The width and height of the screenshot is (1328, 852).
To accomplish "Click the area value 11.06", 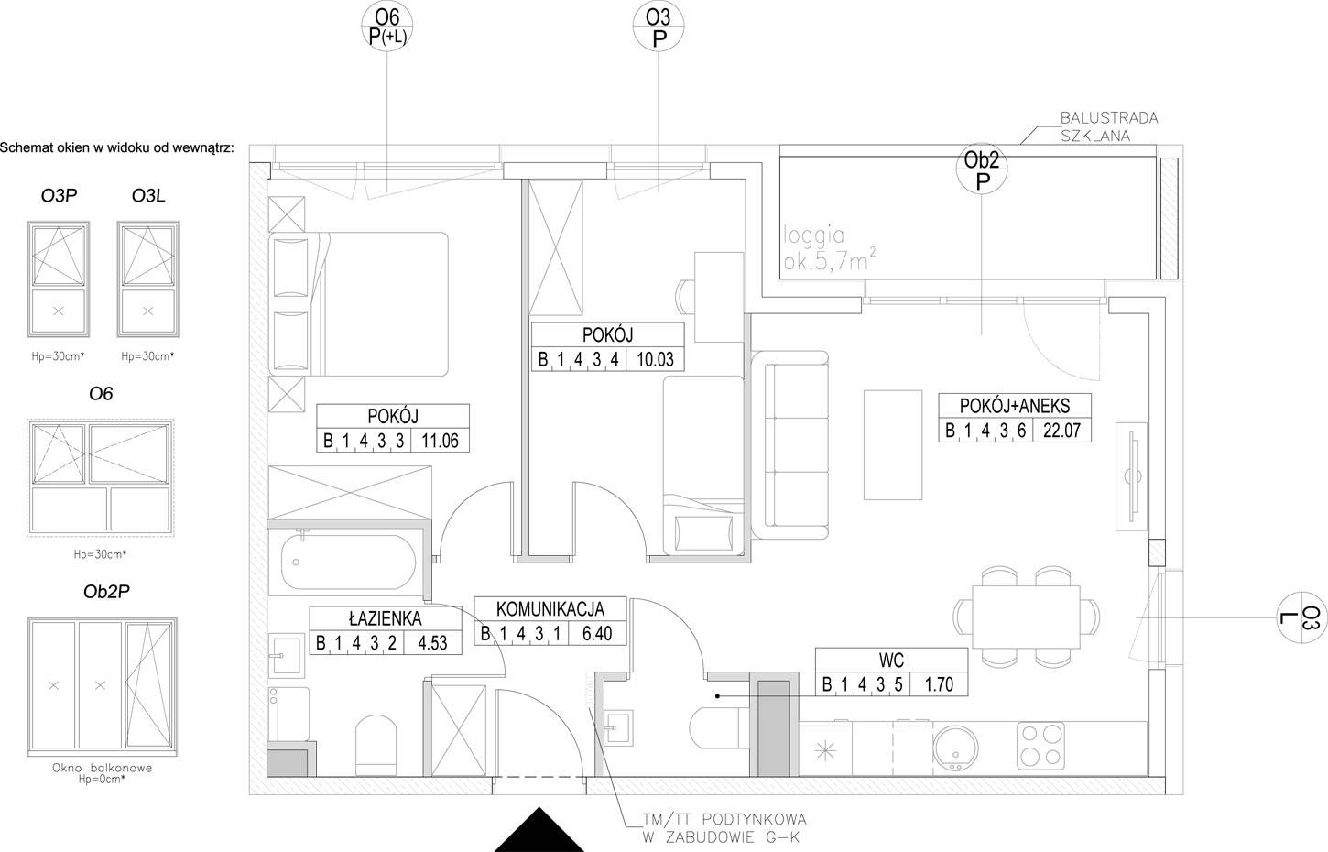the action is tap(440, 441).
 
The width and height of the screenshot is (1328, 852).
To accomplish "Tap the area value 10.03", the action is tap(655, 359).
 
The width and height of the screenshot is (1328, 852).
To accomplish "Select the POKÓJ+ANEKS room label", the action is tap(1015, 406).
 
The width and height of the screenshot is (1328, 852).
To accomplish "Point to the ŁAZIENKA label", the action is tap(386, 619).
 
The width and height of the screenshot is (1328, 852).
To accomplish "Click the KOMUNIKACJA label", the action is tap(550, 609).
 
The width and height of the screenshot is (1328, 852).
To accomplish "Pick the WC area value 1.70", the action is tap(939, 684).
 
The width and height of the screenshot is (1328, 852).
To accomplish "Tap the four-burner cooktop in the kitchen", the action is tap(1040, 746).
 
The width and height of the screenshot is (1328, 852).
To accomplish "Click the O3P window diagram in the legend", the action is tap(58, 279).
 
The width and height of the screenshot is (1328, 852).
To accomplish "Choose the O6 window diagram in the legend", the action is tap(100, 477).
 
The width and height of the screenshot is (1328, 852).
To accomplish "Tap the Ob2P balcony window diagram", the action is tap(102, 686).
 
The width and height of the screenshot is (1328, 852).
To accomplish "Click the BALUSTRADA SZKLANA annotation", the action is tap(1108, 126).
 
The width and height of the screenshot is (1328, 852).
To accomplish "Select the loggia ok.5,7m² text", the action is tap(830, 248).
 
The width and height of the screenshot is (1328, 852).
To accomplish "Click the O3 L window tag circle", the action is tap(1302, 617).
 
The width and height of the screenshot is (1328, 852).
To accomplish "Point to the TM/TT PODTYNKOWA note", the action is tap(724, 828).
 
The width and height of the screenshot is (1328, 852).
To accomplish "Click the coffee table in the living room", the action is tap(892, 444).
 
